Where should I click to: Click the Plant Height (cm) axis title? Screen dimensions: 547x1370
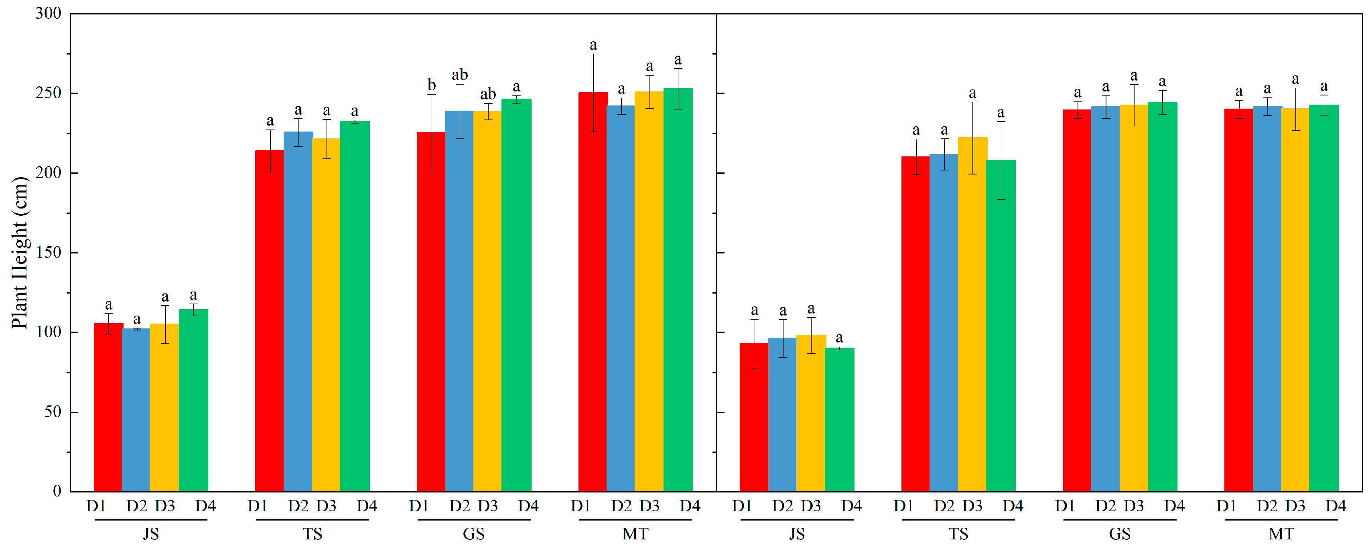point(19,253)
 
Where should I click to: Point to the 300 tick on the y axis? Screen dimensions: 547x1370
point(49,14)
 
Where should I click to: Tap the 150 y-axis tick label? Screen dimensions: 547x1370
point(49,253)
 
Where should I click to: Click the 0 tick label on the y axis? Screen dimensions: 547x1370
point(57,491)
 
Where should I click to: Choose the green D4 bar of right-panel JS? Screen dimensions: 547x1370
point(839,419)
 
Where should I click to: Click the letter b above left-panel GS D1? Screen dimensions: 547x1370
point(431,85)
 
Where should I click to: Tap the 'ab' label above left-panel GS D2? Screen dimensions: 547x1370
point(459,75)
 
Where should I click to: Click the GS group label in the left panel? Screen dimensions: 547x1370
point(473,534)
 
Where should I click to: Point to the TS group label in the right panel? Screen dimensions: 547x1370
point(958,534)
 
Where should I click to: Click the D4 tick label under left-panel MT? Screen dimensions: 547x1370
point(690,506)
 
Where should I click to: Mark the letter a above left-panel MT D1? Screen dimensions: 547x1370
point(593,46)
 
